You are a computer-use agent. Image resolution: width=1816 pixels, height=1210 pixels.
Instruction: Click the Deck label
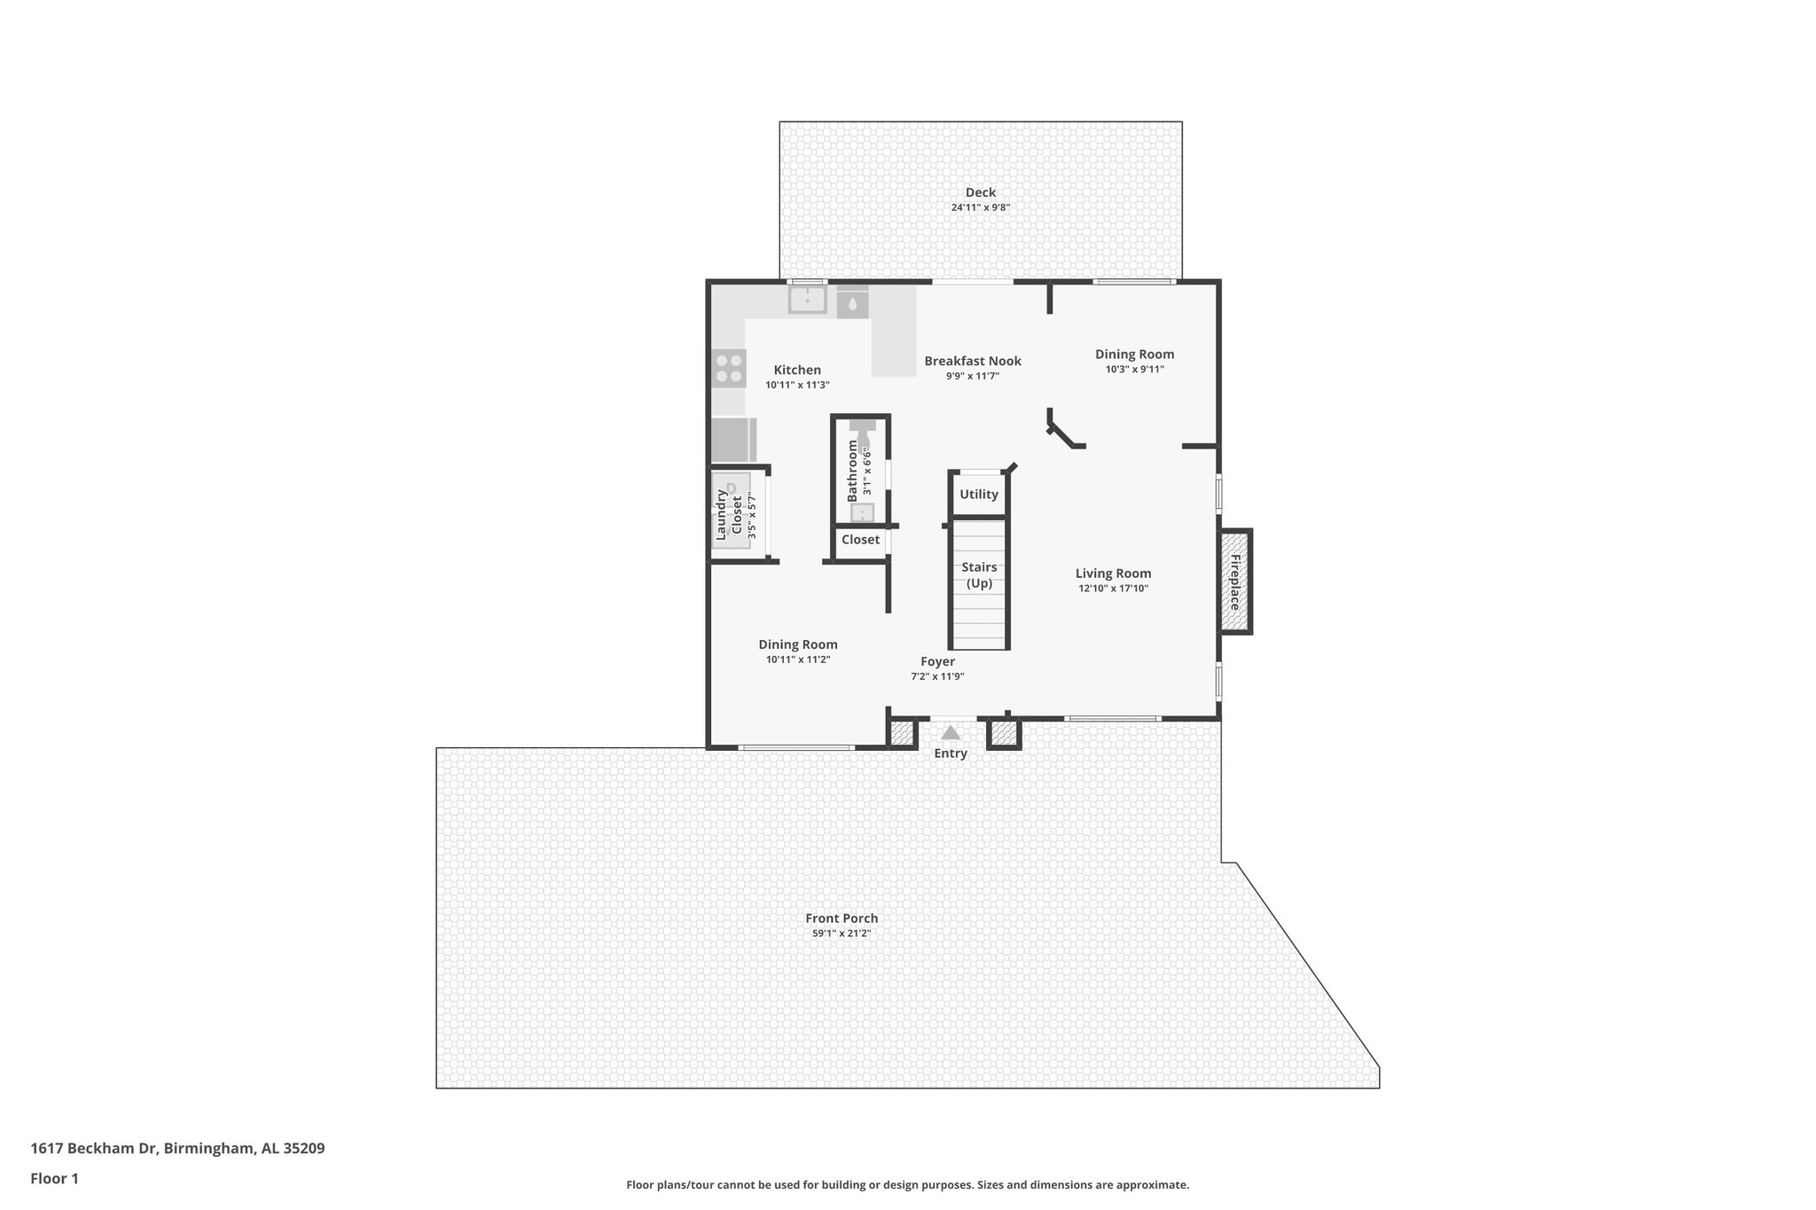point(980,192)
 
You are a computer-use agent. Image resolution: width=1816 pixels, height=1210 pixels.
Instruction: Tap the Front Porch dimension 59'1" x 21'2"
point(841,933)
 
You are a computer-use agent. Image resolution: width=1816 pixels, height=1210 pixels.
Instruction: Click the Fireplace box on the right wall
point(1234,582)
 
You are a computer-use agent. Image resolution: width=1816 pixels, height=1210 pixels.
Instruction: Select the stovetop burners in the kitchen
point(729,369)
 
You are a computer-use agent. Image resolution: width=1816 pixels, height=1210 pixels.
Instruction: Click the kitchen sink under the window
point(807,300)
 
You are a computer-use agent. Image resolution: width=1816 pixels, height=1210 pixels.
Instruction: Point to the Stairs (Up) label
point(979,574)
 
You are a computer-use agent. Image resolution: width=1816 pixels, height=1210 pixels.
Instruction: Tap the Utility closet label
point(979,495)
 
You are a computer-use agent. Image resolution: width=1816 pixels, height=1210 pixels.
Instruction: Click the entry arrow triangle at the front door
point(951,733)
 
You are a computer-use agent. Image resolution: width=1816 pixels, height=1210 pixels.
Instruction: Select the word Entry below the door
point(951,753)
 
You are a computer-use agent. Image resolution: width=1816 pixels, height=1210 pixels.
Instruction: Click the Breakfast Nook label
point(973,361)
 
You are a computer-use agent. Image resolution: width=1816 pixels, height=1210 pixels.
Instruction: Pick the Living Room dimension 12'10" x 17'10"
point(1113,589)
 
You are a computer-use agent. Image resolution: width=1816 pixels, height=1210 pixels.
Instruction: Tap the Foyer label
point(937,661)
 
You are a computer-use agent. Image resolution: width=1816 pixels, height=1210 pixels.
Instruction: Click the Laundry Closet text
point(729,515)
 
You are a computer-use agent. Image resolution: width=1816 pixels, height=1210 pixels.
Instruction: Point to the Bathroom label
point(853,471)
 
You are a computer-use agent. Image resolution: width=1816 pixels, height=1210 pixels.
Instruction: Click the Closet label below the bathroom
point(860,540)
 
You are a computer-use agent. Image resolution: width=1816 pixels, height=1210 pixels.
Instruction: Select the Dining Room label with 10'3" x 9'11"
point(1134,355)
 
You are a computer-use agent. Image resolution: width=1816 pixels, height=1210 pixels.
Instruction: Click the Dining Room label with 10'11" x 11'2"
point(797,644)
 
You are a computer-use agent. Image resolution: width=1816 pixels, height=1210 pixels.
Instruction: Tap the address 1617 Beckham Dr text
point(177,1149)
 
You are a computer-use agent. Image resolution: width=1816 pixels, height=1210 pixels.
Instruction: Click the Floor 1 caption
point(54,1179)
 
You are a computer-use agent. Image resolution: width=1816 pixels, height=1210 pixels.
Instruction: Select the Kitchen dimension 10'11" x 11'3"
point(797,386)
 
